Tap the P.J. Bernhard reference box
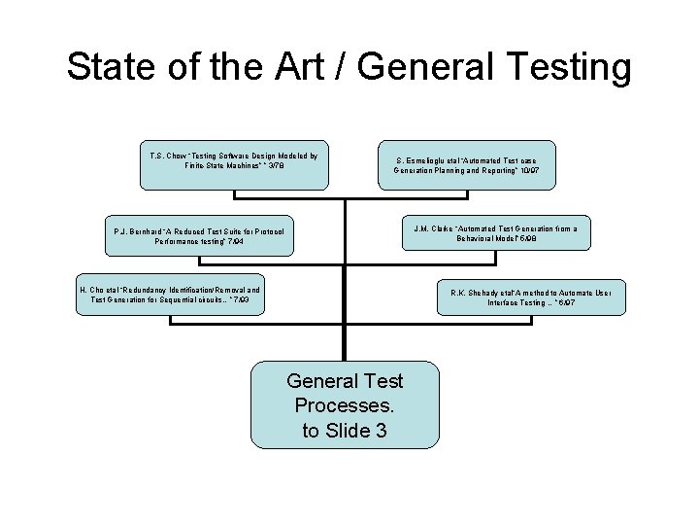click(x=199, y=235)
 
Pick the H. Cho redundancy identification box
click(x=169, y=296)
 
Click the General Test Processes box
click(x=345, y=404)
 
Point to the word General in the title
click(x=441, y=68)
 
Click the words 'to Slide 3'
click(x=345, y=430)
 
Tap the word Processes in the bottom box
click(x=345, y=404)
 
